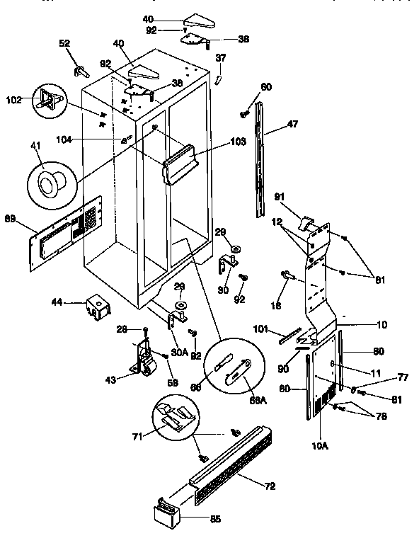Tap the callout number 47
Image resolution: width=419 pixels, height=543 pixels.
[292, 124]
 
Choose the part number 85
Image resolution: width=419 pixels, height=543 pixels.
[214, 519]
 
